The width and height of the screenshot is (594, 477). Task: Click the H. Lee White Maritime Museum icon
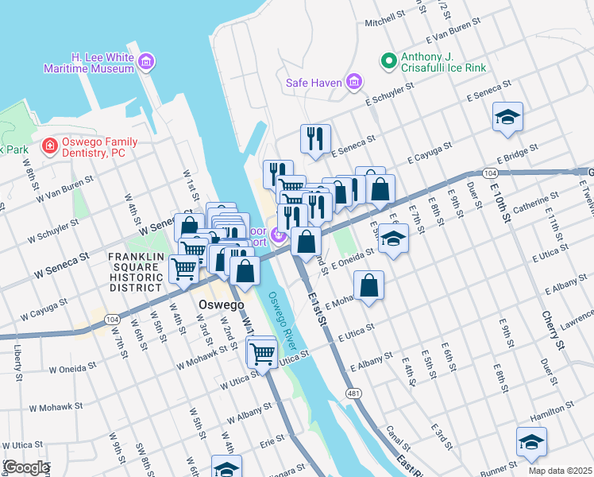[x=146, y=62]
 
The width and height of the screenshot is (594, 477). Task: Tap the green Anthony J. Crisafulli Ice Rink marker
[x=388, y=60]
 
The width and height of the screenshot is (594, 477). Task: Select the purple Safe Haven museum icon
[x=354, y=81]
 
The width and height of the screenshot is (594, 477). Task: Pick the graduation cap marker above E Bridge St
[x=507, y=118]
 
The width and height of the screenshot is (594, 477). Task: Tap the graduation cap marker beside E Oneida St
[x=392, y=238]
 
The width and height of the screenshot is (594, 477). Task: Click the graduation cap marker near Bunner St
[x=530, y=443]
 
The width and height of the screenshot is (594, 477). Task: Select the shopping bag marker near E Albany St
[x=369, y=285]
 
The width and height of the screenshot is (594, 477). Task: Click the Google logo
[x=25, y=467]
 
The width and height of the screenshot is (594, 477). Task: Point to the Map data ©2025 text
[x=559, y=470]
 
